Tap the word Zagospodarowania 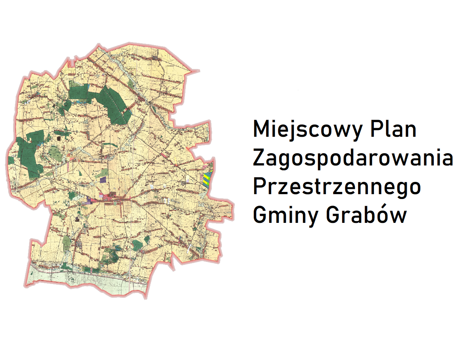pos(353,158)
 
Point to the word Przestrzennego pos(337,186)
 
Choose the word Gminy pos(285,215)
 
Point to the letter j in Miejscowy pos(287,130)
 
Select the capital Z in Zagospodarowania pos(259,158)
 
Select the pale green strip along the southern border pos(86,281)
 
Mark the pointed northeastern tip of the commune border pos(199,70)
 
